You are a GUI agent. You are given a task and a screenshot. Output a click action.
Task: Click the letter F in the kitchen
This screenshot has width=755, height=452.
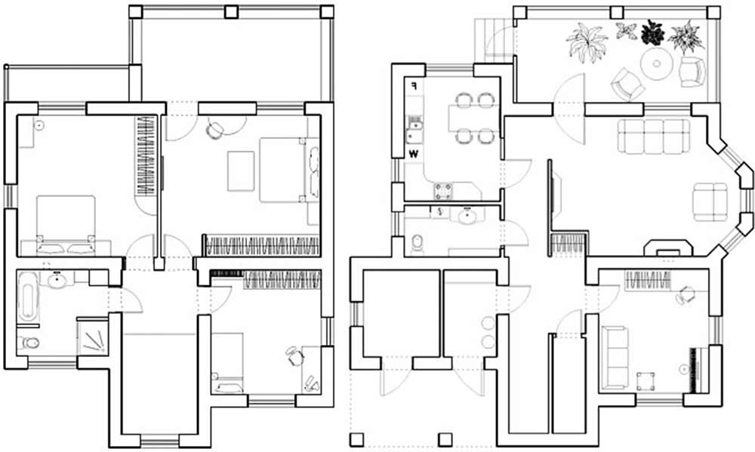(x=414, y=86)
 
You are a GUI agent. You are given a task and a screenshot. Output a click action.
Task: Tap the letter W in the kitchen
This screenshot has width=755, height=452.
(x=414, y=154)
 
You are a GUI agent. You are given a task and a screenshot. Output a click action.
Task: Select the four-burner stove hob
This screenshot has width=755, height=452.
(x=443, y=191)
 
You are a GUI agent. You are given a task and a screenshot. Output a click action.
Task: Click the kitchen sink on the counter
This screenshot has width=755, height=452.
(x=414, y=131)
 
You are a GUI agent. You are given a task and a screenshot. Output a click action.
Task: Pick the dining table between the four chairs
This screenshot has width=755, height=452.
(x=473, y=118)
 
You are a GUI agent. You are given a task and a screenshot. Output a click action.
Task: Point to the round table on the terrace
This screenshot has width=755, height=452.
(x=656, y=63)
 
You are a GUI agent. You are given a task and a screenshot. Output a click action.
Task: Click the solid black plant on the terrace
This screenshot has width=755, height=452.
(x=652, y=32)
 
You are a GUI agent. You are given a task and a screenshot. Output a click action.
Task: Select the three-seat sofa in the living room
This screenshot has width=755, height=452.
(x=653, y=136)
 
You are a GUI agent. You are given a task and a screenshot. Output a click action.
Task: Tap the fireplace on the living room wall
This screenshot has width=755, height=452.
(x=668, y=248)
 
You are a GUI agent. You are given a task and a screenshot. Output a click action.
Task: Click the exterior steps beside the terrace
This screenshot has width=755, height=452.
(x=494, y=41)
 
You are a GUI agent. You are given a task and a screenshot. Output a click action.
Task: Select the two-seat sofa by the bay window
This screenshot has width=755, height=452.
(x=710, y=201)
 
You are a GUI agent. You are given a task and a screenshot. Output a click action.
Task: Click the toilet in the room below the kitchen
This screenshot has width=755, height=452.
(x=418, y=243)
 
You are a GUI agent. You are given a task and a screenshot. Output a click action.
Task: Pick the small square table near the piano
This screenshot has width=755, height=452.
(x=646, y=381)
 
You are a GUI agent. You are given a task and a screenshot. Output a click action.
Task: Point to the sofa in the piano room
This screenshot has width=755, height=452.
(x=615, y=356)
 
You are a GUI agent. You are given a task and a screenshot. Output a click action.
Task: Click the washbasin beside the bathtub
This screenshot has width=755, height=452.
(x=57, y=280)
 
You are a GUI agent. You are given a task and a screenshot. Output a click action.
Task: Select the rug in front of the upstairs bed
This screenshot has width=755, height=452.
(x=241, y=171)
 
